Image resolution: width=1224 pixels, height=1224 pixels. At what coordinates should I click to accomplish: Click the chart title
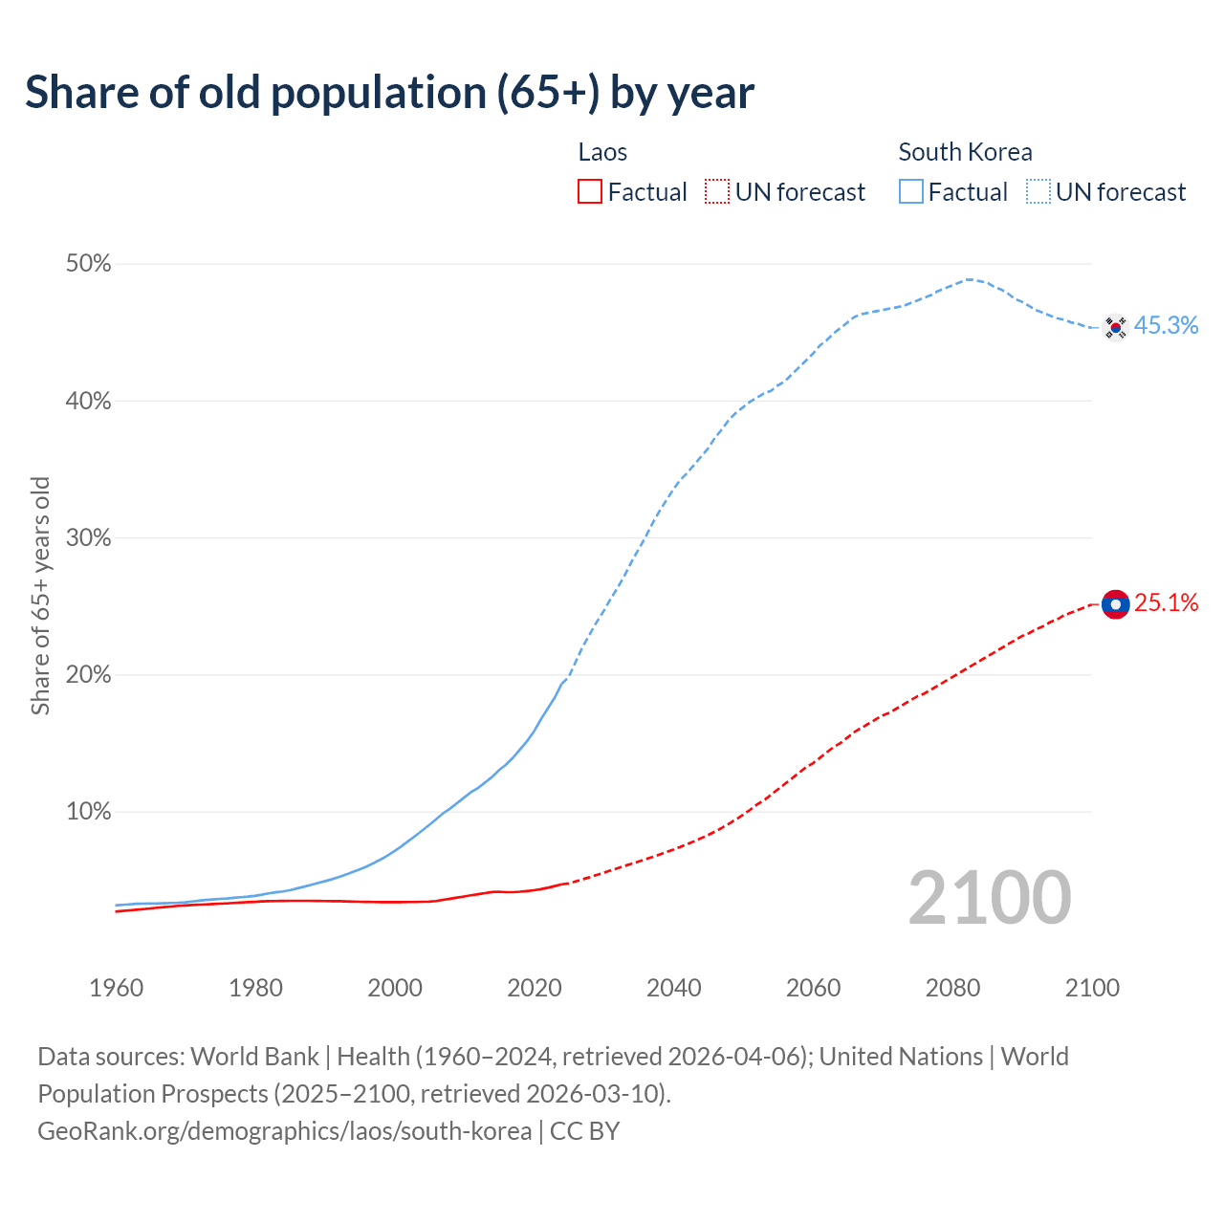click(389, 93)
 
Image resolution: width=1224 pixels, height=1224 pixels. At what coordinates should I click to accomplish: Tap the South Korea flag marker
click(1115, 327)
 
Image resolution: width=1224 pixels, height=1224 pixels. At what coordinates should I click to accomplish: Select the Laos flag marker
click(1115, 604)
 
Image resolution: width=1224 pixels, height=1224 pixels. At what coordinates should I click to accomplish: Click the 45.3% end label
click(1166, 326)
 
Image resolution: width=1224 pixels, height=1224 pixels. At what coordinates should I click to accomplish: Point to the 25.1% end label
click(1166, 603)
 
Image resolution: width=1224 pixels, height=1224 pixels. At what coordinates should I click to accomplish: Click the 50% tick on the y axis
click(88, 264)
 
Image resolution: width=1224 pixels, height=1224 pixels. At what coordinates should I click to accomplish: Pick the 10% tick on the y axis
click(88, 812)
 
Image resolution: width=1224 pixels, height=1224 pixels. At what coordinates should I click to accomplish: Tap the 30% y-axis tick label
click(88, 538)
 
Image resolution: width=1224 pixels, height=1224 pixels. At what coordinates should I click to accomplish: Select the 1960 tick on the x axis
click(116, 988)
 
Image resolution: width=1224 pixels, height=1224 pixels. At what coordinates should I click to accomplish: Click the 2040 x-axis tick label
click(674, 988)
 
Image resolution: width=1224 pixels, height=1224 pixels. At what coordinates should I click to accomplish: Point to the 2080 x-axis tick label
click(952, 988)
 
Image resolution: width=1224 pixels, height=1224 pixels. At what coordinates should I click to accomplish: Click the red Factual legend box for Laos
click(590, 192)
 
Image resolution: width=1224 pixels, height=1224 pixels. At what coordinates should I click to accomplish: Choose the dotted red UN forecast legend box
click(717, 192)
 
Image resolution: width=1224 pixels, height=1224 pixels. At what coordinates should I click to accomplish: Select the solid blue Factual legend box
click(911, 192)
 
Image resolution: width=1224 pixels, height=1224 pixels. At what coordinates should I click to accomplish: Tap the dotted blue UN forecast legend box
click(1038, 192)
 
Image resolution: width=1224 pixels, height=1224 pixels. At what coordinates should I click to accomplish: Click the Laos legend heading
click(602, 152)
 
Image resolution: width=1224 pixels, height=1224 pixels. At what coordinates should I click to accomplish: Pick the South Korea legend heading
click(965, 152)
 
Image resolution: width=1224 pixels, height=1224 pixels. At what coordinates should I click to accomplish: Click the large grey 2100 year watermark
click(990, 898)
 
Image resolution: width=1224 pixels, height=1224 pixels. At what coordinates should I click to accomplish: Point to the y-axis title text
click(40, 595)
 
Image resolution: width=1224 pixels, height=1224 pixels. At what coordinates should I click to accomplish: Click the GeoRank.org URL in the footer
click(284, 1131)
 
